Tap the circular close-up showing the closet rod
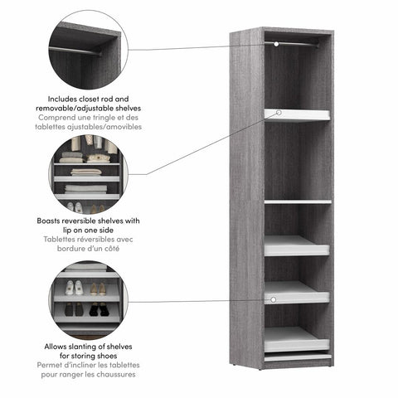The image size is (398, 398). point(87,50)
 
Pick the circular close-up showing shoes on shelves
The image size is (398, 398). point(87,298)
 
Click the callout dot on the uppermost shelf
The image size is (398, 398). point(279,112)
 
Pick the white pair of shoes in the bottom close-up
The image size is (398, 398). point(74,288)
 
